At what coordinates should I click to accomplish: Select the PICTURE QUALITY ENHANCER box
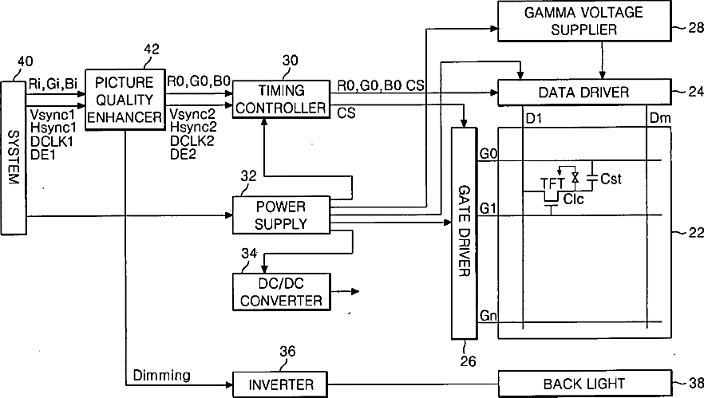point(125,100)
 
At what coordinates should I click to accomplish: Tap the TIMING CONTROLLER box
point(281,99)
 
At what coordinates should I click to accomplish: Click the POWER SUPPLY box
point(281,215)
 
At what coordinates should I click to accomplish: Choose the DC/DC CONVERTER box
point(281,293)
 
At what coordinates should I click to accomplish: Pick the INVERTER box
point(281,384)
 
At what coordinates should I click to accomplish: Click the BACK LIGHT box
point(583,384)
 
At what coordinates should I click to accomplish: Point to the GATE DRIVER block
point(464,231)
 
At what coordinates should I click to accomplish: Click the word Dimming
point(162,374)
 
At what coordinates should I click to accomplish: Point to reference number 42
point(150,49)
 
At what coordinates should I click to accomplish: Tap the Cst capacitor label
point(611,179)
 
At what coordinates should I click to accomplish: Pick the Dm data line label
point(660,117)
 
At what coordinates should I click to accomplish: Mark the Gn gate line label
point(488,317)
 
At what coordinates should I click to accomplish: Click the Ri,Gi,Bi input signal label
point(53,82)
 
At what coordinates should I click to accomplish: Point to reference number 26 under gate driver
point(468,361)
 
